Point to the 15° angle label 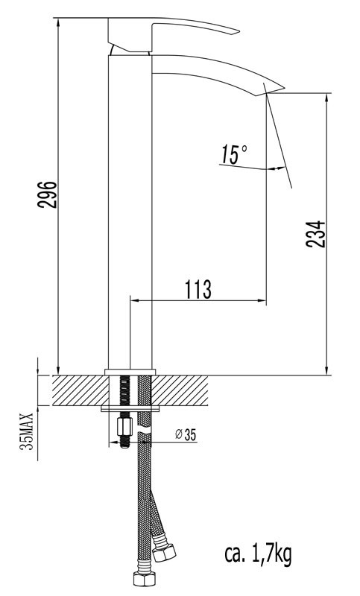[x=234, y=155]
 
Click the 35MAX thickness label [x=27, y=433]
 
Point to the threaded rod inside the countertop [x=122, y=391]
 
